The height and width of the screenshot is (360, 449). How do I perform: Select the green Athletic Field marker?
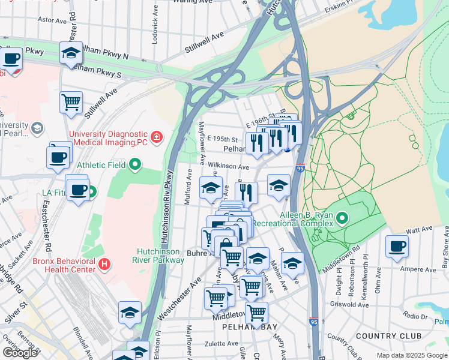136,163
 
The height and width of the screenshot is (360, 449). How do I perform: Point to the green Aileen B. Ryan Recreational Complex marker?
342,218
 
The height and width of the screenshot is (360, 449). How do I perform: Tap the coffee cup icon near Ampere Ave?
396,245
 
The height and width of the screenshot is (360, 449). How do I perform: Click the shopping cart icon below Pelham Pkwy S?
71,101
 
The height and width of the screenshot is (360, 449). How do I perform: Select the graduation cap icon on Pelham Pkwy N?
71,52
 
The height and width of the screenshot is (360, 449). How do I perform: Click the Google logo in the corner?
20,353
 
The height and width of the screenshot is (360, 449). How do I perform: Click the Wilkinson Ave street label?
229,167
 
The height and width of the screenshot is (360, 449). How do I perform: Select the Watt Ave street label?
419,229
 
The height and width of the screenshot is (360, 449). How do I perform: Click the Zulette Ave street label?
221,344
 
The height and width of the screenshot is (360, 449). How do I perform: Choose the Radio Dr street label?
415,316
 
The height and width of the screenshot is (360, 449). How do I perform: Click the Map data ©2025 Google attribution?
411,355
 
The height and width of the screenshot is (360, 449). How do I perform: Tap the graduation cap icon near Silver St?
130,312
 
